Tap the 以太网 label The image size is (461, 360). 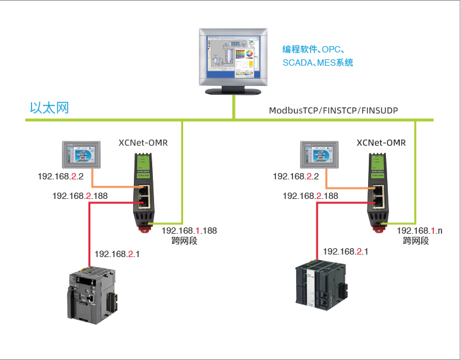click(49, 108)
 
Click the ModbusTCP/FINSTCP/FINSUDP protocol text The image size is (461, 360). click(333, 111)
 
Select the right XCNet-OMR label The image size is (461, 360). click(381, 143)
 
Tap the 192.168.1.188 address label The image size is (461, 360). click(189, 231)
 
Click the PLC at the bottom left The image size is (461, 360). click(91, 294)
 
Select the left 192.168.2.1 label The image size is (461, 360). click(117, 254)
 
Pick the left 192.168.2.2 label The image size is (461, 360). click(60, 176)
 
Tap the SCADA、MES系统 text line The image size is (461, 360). click(318, 63)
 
